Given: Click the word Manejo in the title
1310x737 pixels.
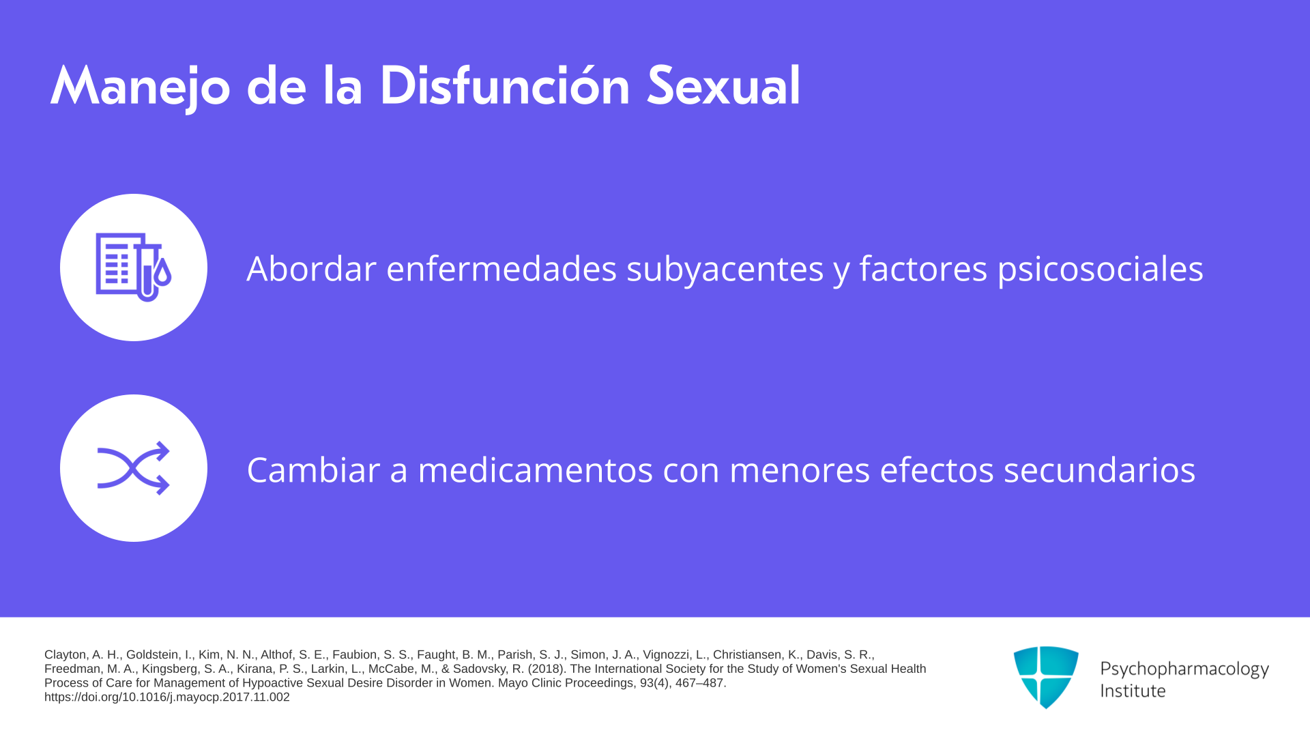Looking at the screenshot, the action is pos(141,87).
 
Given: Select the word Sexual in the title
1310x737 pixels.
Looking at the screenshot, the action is pos(723,86).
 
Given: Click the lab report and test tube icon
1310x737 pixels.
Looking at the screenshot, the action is pos(133,267).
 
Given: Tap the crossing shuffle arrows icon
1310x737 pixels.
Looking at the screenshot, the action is pos(133,468).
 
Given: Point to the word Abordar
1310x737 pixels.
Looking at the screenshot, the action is pos(311,268).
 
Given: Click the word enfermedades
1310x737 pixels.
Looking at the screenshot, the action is pos(501,268).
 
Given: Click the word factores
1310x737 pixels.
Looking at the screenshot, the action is pos(923,268).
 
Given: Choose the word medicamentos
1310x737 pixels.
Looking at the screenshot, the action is pos(536,469).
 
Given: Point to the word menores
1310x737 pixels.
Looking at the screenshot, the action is pos(800,471).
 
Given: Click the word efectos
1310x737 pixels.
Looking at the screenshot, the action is pos(937,469).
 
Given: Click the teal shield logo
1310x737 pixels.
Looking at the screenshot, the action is pos(1046,677).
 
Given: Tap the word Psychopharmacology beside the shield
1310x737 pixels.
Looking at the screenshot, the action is pos(1184,669).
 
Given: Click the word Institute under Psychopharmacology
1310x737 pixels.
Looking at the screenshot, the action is pos(1133,691).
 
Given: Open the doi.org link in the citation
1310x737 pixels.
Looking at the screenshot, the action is pos(167,697).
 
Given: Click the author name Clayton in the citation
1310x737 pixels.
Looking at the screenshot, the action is pos(66,655).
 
